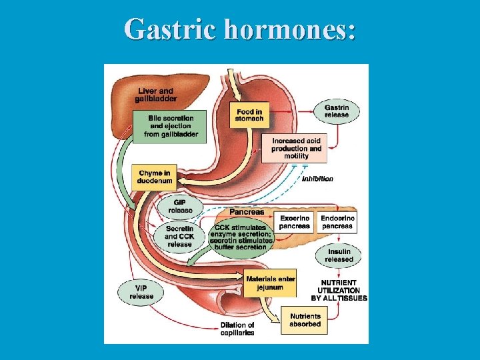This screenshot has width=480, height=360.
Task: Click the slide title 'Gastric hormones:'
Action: click(239, 29)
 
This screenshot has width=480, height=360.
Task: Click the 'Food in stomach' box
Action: click(249, 115)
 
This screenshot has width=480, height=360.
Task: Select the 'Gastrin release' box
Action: click(336, 111)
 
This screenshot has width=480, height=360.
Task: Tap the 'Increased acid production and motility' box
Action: click(296, 149)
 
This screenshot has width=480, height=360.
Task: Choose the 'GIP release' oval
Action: click(179, 207)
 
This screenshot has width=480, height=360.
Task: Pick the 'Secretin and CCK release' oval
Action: click(179, 236)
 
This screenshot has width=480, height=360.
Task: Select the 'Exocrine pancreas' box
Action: click(295, 222)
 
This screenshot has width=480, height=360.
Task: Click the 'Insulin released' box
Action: click(339, 255)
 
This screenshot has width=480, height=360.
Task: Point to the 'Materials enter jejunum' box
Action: click(269, 283)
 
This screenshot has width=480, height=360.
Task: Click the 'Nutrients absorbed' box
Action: click(305, 320)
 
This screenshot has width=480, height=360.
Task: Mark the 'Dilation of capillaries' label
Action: click(237, 329)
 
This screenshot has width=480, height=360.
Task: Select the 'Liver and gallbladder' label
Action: click(155, 95)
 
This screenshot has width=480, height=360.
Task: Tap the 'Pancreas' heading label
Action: click(247, 212)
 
